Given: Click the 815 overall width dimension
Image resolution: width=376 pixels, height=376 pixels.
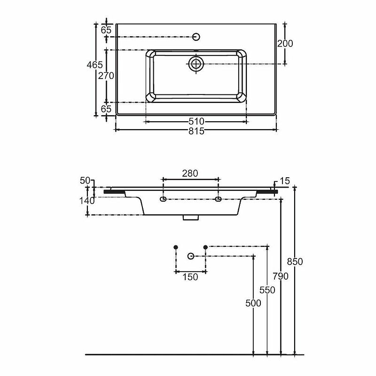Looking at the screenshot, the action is coord(196,131).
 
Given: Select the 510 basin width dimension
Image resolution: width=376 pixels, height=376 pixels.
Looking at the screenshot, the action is coord(196,121).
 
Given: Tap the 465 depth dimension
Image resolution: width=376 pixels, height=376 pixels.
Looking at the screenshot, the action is coord(95,65).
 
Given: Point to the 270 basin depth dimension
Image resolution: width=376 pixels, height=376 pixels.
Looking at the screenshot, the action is coord(106,76).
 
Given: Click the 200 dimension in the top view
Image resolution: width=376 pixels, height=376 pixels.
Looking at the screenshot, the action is coord(285,43).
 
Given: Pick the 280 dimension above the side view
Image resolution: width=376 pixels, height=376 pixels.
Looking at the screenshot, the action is coord(190,173).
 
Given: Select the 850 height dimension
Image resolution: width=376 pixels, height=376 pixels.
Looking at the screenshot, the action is coord(295,262).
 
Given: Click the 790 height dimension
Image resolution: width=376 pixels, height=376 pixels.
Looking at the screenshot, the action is coord(281,276).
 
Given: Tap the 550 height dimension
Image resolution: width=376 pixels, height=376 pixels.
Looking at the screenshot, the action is coord(267,290).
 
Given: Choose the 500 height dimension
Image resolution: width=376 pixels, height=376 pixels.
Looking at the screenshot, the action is coord(253,303).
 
